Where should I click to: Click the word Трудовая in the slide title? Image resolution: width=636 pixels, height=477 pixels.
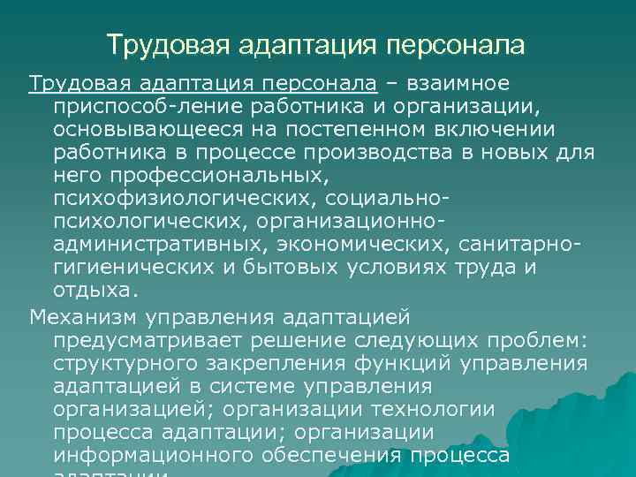coord(154,45)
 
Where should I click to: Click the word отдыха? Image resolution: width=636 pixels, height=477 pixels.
coord(95,291)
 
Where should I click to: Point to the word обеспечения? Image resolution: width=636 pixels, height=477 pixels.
coord(334,455)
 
